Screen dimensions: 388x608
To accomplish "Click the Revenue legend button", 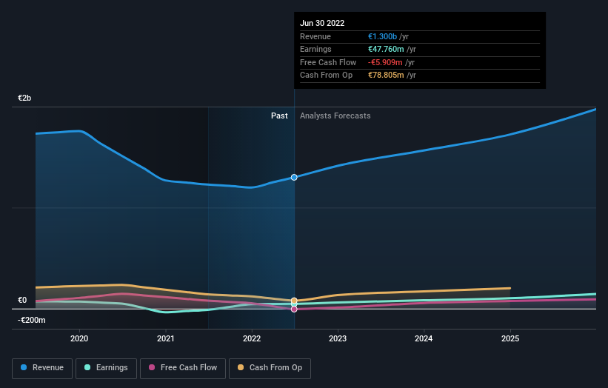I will click(x=41, y=367).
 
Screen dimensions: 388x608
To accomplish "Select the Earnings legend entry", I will click(x=105, y=367).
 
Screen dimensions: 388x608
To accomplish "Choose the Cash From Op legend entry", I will click(x=270, y=367).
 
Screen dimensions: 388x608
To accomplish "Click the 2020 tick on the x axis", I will click(x=79, y=338).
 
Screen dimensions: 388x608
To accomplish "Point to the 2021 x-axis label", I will click(x=166, y=338).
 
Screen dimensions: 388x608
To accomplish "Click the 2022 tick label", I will click(x=252, y=338).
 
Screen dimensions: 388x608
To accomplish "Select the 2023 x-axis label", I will click(x=338, y=338).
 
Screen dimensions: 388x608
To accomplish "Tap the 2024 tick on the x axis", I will click(x=424, y=338).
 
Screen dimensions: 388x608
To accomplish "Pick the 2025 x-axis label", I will click(x=510, y=338).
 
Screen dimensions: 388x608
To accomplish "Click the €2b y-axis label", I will click(x=24, y=98).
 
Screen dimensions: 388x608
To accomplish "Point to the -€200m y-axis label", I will click(x=31, y=320).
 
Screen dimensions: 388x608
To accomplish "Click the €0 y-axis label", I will click(x=22, y=300).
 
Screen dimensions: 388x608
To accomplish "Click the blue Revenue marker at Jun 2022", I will click(x=294, y=178).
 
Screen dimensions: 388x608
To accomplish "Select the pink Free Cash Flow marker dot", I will click(x=294, y=309).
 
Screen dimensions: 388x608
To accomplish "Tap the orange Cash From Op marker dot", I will click(x=294, y=301).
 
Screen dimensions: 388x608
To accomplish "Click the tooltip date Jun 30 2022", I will click(x=322, y=24).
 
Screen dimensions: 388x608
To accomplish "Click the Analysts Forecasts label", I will click(x=335, y=116).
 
